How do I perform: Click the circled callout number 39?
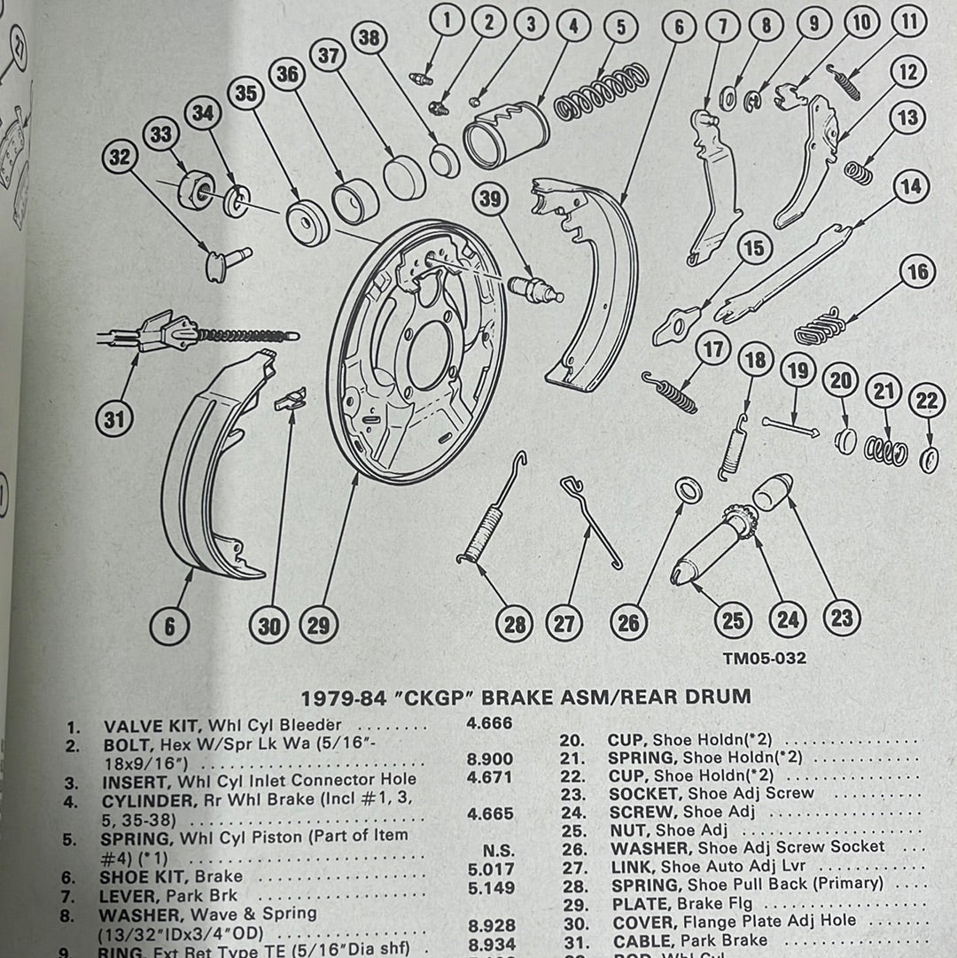tap(489, 199)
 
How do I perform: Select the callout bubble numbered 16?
tap(918, 272)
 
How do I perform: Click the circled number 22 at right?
tap(927, 401)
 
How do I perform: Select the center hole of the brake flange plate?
tap(428, 354)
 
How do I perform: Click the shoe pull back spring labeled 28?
tap(484, 532)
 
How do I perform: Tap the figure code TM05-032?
tap(764, 658)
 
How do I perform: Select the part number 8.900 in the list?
tap(489, 760)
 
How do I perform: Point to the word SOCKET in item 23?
tap(645, 793)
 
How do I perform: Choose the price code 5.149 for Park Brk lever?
tap(489, 887)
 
